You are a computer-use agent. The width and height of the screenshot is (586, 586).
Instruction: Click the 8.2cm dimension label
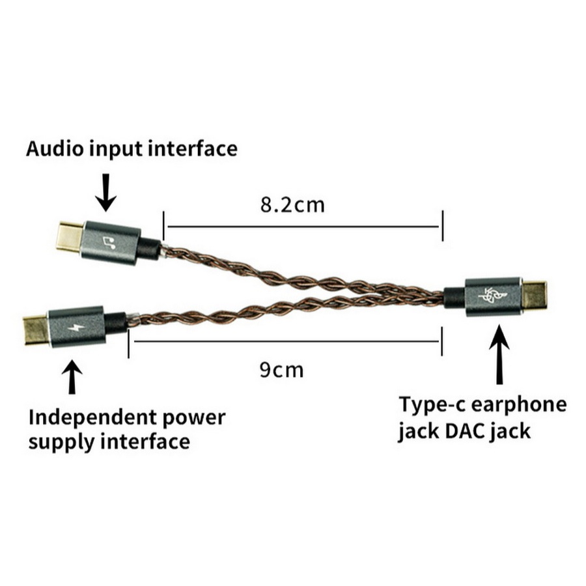(x=292, y=205)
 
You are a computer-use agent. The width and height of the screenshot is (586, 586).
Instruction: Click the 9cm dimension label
(x=281, y=370)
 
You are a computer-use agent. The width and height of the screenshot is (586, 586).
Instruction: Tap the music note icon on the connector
(x=109, y=243)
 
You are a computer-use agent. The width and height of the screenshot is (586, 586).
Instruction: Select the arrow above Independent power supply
(x=72, y=377)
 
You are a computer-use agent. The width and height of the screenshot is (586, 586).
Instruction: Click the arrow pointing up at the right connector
(x=499, y=354)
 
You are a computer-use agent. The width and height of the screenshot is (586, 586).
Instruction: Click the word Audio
(x=55, y=148)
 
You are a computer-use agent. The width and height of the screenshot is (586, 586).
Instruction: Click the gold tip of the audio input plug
(x=70, y=237)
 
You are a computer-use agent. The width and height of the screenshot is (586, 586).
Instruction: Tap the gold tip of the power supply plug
(x=36, y=331)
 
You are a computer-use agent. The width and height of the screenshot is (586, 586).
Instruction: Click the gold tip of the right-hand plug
(x=534, y=295)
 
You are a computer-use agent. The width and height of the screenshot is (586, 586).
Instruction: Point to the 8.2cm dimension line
(x=303, y=226)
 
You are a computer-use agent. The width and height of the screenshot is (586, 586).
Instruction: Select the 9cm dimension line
(x=285, y=341)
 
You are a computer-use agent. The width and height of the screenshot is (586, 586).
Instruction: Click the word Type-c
(x=432, y=406)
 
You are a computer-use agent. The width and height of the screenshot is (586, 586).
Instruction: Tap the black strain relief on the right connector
(x=455, y=298)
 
